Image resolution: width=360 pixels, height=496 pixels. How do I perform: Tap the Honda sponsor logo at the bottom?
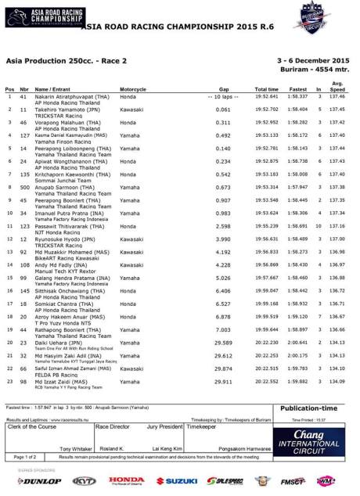point(126,480)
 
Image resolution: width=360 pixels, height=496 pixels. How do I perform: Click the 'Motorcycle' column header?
point(133,89)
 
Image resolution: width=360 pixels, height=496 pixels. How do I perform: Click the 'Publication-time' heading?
point(308,408)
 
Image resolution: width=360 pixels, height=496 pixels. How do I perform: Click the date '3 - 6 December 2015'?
point(315,59)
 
